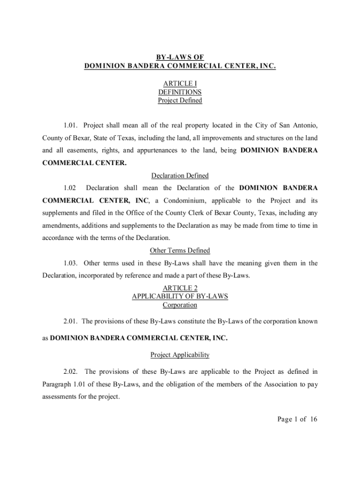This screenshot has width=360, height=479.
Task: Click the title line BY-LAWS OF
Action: (x=180, y=58)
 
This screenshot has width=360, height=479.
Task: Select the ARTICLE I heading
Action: (x=180, y=84)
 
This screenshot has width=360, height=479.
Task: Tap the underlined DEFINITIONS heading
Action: (x=180, y=92)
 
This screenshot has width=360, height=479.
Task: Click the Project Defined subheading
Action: (x=180, y=101)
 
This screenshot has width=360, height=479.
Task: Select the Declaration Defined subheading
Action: (x=180, y=176)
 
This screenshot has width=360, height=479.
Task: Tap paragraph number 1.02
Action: (x=69, y=188)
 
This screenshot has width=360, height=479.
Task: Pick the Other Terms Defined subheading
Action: (x=180, y=251)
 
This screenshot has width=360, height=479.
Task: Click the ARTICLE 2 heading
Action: (x=180, y=288)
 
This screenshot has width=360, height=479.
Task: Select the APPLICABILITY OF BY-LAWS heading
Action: (x=180, y=297)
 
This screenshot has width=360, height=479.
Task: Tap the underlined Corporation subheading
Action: (x=180, y=305)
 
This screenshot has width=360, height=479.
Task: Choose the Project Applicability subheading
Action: (x=180, y=355)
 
